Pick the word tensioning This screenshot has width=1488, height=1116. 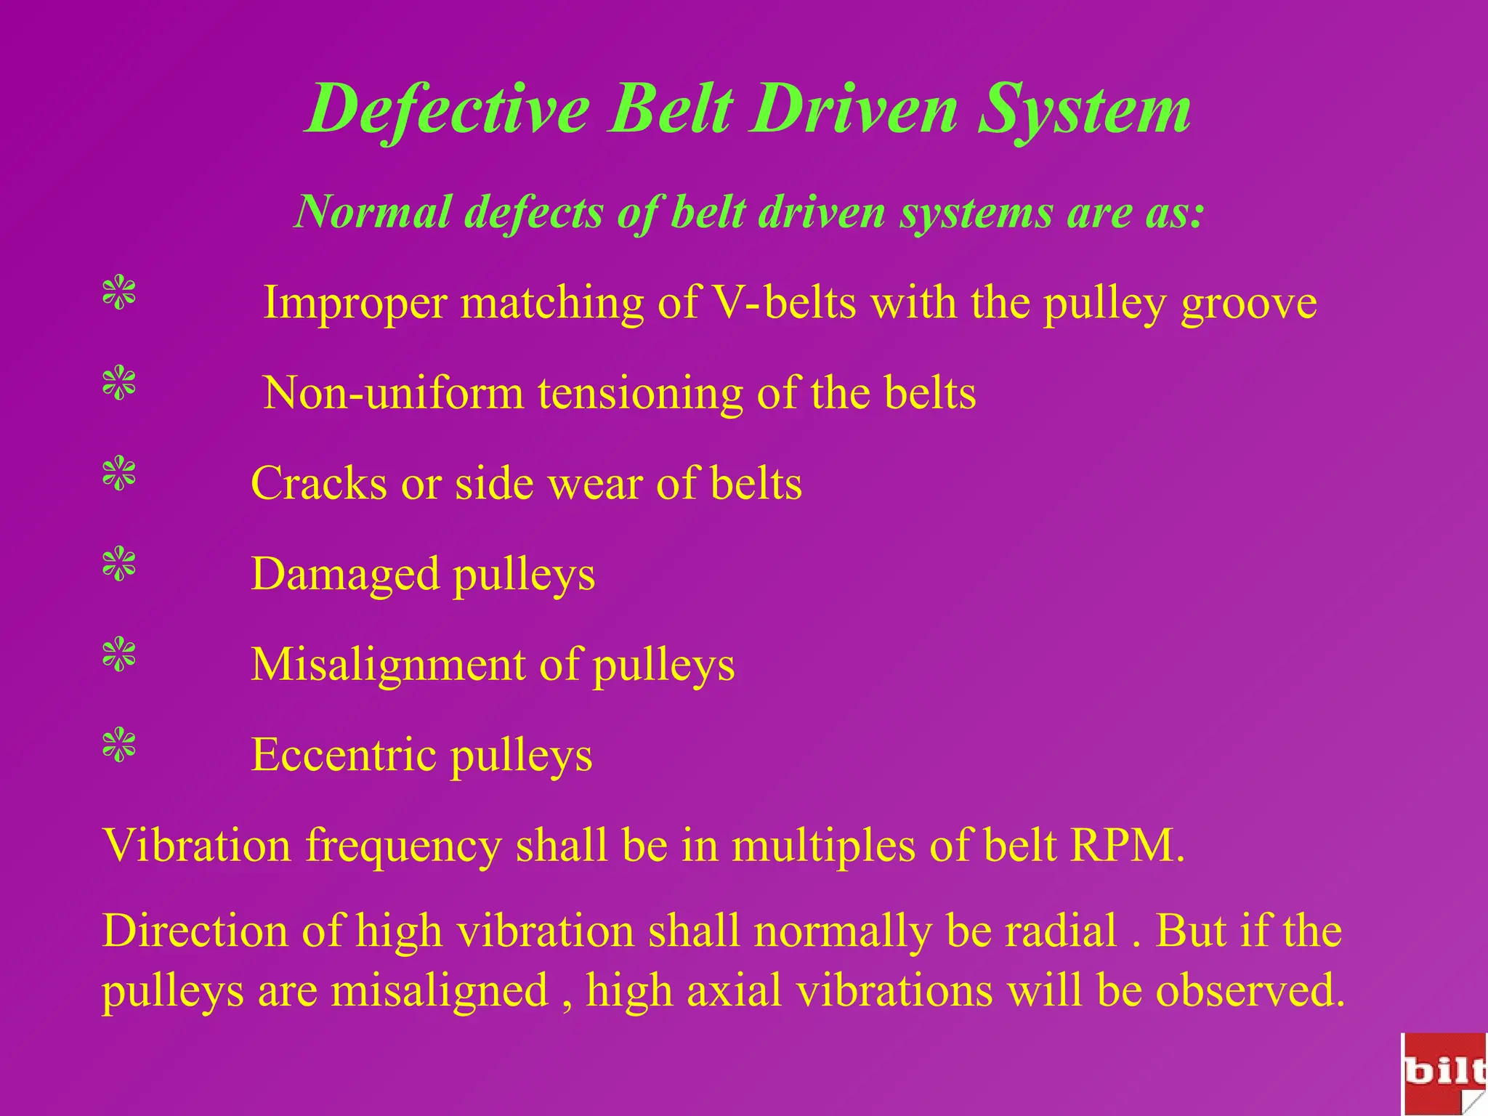[640, 393]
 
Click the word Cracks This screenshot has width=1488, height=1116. [318, 483]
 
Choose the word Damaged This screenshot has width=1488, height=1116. [345, 574]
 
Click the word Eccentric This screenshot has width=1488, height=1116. [343, 755]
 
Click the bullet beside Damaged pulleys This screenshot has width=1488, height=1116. [119, 565]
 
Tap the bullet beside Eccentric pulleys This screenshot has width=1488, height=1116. [119, 745]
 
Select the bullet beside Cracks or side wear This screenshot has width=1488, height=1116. [119, 474]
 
